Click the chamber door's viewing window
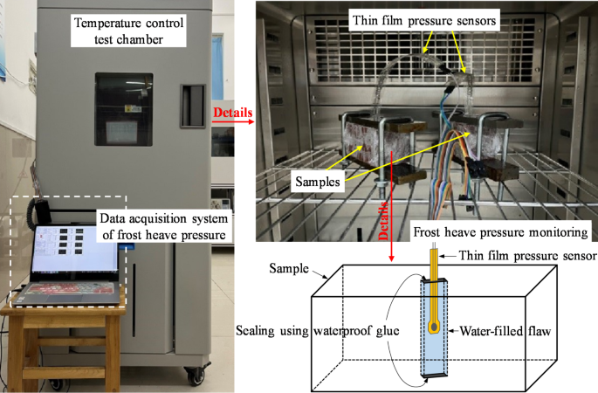coord(123,109)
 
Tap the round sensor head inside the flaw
coord(434,328)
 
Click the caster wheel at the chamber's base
coord(190,376)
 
